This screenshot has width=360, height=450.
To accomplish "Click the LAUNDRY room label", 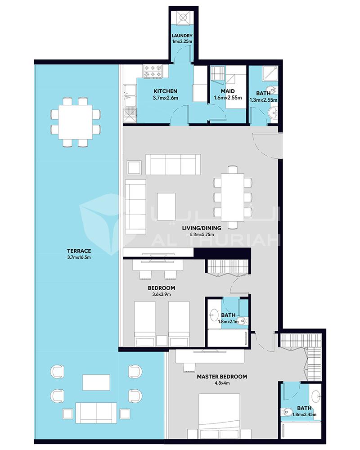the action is (182, 36).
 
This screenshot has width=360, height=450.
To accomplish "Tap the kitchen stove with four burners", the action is (153, 71).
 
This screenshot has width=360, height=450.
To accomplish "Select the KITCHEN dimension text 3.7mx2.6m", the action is (165, 98).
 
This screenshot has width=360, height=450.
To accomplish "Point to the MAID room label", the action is (228, 91).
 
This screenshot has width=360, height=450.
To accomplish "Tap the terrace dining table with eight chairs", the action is (76, 122).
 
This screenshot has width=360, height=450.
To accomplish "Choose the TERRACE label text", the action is (79, 251).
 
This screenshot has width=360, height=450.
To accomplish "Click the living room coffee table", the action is (166, 202).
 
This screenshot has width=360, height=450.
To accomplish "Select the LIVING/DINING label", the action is (202, 228).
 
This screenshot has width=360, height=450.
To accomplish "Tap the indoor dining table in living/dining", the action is (233, 197).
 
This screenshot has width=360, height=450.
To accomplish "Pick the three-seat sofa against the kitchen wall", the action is (173, 164).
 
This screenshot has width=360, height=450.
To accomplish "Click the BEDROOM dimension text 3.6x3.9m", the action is (162, 294).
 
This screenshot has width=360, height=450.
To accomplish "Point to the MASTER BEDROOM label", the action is (222, 377).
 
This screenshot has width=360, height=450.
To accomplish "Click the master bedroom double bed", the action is (219, 416).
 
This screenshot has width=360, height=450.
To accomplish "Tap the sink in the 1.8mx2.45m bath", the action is (317, 396).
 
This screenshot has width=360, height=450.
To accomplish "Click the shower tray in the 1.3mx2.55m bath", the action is (270, 73).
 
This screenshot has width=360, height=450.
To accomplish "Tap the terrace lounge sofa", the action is (96, 413).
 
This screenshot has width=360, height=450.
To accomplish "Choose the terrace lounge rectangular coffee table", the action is (96, 382).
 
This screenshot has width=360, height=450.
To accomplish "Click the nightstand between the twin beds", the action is (162, 341).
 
